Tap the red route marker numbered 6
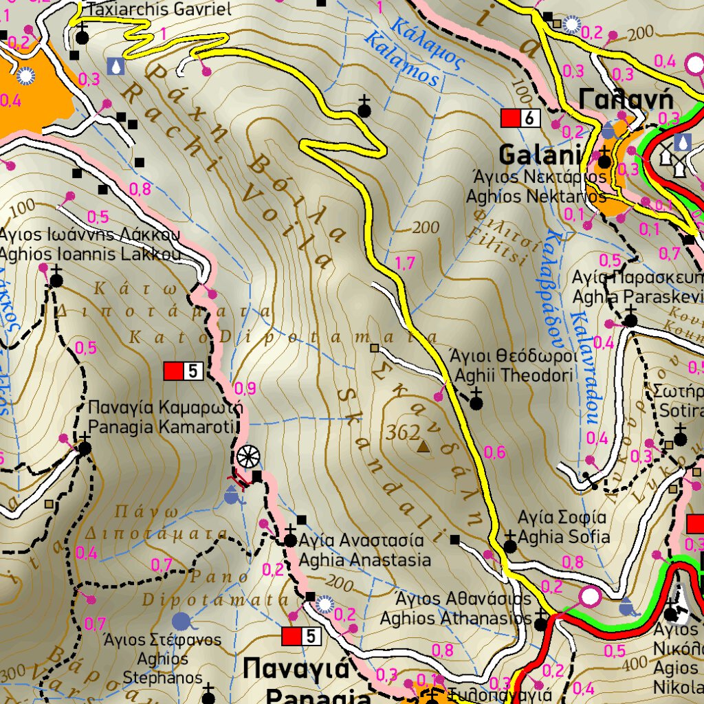click(x=520, y=118)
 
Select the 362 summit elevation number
click(x=403, y=432)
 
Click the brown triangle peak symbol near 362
click(x=423, y=448)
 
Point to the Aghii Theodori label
click(x=514, y=375)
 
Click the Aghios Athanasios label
click(x=456, y=618)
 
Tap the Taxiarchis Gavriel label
click(x=160, y=9)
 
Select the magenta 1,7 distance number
click(x=406, y=262)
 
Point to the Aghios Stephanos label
click(x=162, y=668)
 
